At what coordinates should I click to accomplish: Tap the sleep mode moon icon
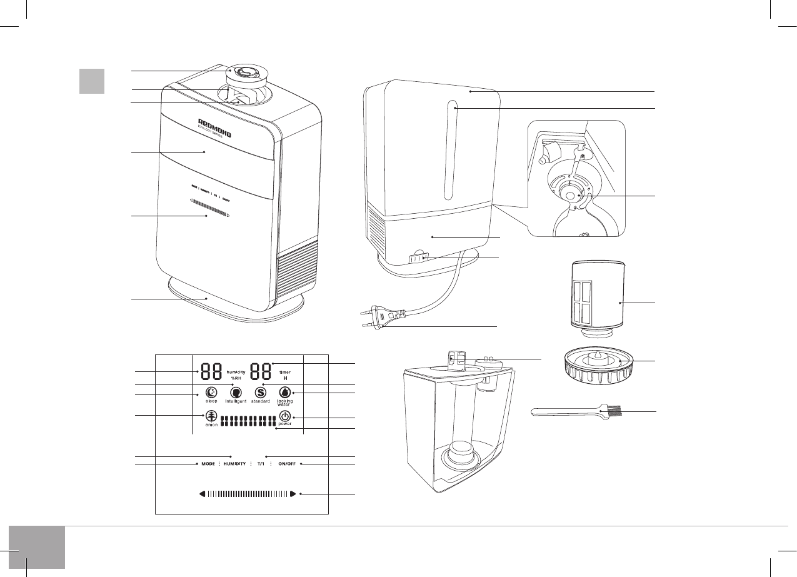(212, 392)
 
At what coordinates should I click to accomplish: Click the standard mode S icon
(260, 392)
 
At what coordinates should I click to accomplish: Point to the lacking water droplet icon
(285, 392)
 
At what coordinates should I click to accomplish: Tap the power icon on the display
(285, 416)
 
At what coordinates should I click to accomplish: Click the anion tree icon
(211, 416)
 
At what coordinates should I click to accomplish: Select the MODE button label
(208, 464)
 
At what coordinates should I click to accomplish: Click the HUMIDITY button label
(235, 464)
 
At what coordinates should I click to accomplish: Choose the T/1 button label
(261, 464)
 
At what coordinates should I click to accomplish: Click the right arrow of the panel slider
(293, 494)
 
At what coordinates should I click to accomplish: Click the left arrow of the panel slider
(203, 494)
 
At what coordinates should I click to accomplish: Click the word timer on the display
(284, 372)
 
